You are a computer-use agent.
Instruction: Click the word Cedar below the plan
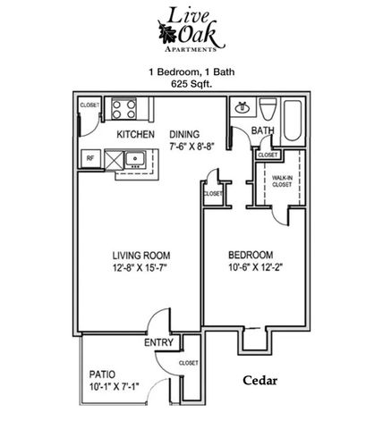260,380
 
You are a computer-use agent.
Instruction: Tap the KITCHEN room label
136,135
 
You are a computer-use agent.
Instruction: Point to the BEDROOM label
251,253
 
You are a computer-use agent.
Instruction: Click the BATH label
262,131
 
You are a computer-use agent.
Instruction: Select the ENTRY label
157,342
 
